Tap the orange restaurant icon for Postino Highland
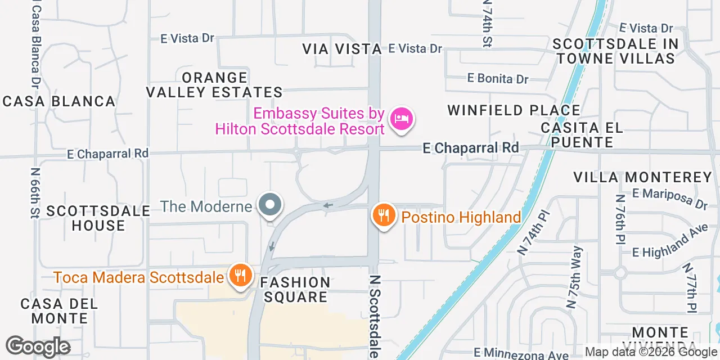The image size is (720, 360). (x=384, y=215)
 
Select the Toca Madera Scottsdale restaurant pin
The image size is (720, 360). (x=240, y=276)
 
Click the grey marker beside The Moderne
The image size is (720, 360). (x=270, y=205)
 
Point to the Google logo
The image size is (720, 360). (x=38, y=346)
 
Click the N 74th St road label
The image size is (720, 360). (x=487, y=24)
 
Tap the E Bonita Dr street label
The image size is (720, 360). (x=498, y=79)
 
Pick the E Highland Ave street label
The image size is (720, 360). (x=670, y=243)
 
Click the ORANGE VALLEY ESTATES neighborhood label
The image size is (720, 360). (x=215, y=85)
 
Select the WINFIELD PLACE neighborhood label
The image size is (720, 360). (x=514, y=110)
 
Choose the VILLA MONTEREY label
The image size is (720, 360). (x=643, y=178)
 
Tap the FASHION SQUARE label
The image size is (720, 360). (x=295, y=290)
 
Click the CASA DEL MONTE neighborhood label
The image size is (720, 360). (x=59, y=311)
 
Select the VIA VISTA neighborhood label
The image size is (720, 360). (x=342, y=49)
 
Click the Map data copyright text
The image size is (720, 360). (x=651, y=352)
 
